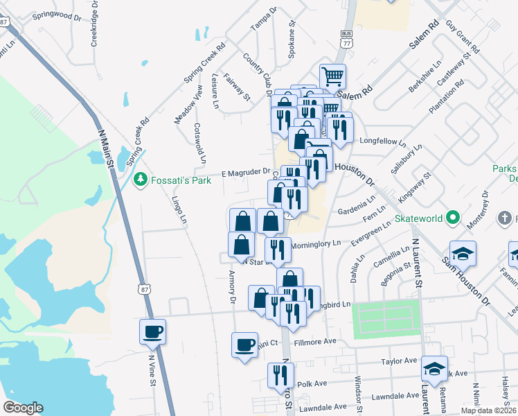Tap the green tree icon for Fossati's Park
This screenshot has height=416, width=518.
140,180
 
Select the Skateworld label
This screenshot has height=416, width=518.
419,218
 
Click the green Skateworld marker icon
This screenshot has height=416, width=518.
454,218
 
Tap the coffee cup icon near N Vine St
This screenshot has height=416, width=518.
152,331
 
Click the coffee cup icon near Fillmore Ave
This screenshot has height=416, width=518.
244,345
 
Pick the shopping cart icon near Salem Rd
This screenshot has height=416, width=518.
332,76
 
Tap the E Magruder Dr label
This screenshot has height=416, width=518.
245,171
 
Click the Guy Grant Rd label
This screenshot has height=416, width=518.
463,37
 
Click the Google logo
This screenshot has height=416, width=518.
23,408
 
